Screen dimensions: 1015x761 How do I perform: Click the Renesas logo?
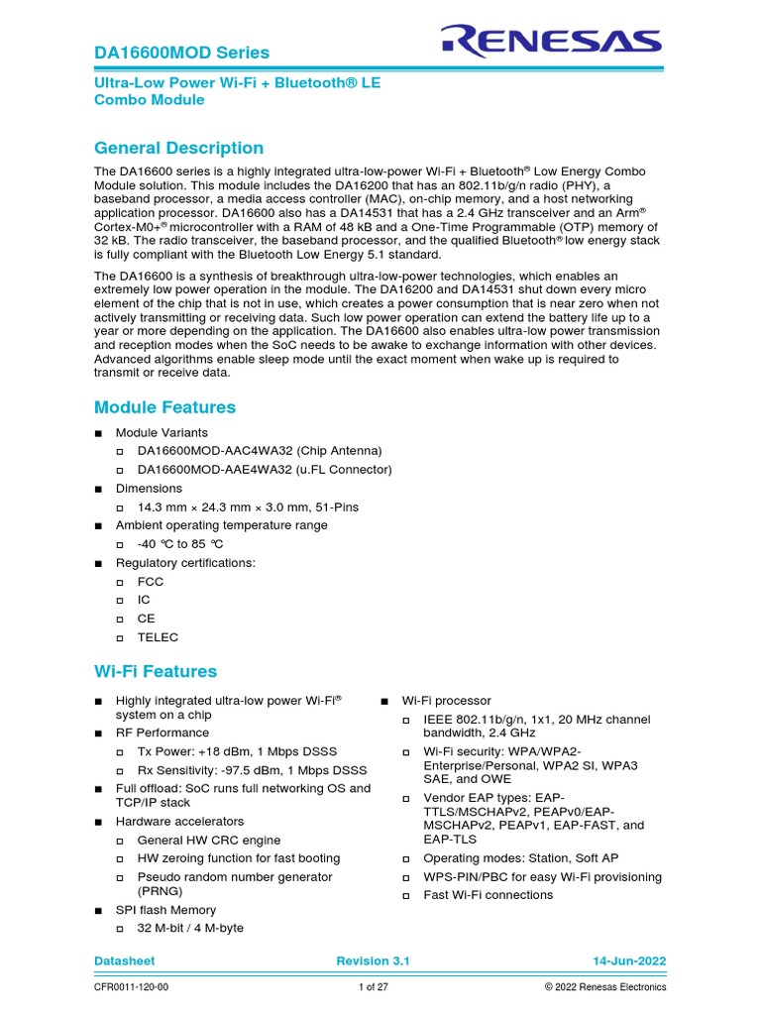click(x=551, y=41)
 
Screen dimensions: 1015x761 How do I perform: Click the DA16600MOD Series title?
click(x=181, y=53)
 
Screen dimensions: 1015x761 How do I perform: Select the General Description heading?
click(x=178, y=148)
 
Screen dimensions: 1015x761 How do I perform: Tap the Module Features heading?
click(x=164, y=407)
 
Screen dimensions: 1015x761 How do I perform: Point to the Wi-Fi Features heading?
click(x=155, y=671)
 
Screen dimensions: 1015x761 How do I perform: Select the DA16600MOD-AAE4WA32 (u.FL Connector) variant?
click(x=265, y=470)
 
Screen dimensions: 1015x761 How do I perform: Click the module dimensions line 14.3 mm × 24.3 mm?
click(x=248, y=507)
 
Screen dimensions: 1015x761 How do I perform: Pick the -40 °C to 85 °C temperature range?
click(x=180, y=544)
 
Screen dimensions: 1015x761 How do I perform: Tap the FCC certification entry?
click(x=151, y=582)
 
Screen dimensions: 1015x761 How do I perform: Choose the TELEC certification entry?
click(x=158, y=637)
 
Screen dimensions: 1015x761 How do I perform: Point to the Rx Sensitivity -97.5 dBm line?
click(x=252, y=770)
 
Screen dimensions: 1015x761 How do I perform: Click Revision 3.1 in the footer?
click(x=373, y=961)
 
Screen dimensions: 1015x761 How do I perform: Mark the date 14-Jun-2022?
click(x=629, y=961)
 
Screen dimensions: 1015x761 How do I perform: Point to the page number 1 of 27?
click(x=375, y=987)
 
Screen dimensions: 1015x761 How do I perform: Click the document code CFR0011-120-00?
click(x=131, y=987)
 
